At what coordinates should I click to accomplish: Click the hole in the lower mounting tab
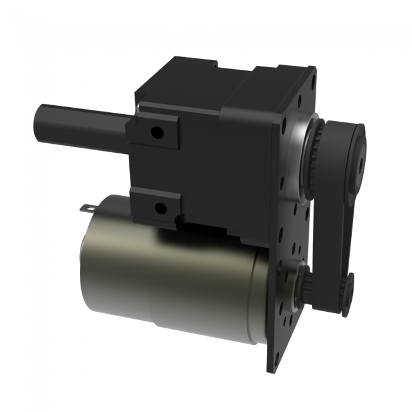(x=160, y=207)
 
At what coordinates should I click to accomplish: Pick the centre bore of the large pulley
(x=361, y=160)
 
